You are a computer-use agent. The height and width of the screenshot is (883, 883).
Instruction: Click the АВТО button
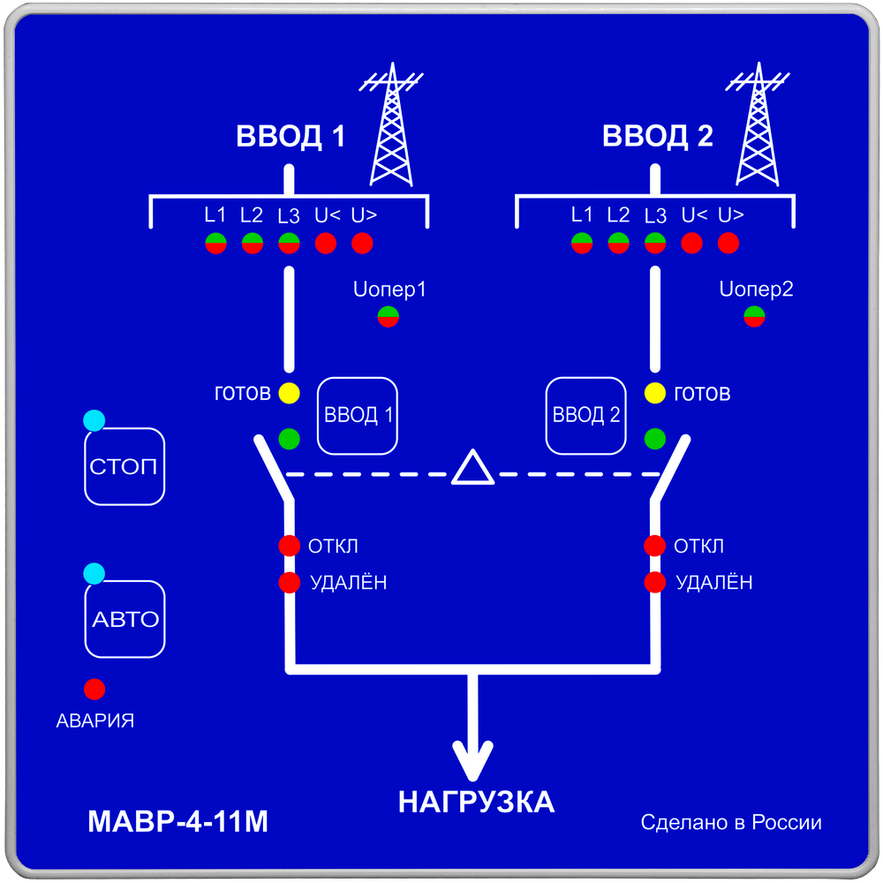click(125, 619)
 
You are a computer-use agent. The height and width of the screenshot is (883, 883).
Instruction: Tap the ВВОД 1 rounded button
click(358, 416)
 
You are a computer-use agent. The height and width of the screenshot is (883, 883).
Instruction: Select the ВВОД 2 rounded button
click(585, 416)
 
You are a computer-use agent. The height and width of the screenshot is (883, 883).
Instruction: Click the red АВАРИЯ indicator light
click(94, 689)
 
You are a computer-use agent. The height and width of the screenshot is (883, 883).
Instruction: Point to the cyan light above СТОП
click(94, 421)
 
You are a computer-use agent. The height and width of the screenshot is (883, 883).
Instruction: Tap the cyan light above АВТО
click(94, 574)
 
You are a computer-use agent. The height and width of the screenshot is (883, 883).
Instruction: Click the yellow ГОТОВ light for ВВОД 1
click(289, 394)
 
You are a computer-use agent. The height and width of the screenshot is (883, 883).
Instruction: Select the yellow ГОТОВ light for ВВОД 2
click(654, 394)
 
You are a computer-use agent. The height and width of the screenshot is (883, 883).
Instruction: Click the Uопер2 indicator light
click(754, 316)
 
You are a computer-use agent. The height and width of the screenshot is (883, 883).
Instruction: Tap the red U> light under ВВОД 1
click(362, 243)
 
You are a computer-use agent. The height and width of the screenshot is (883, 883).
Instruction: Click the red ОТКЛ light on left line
click(289, 546)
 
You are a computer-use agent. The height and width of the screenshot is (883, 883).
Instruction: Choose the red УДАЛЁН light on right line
click(654, 582)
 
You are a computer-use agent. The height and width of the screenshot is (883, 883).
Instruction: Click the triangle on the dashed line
click(474, 468)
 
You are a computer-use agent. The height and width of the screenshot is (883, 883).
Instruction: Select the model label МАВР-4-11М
click(177, 822)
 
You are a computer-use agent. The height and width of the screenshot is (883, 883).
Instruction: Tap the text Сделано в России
click(731, 823)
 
